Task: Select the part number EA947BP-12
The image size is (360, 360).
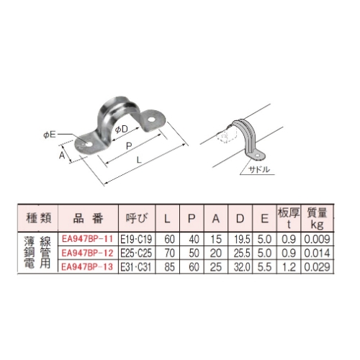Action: tap(87, 253)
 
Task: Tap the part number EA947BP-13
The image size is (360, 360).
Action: tap(87, 267)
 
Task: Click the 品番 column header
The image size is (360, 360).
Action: tap(87, 217)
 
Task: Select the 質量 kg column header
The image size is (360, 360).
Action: tap(317, 217)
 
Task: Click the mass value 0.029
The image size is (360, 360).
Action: tap(317, 267)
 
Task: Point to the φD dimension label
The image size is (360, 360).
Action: tap(122, 129)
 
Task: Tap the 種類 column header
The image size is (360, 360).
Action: tap(37, 217)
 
